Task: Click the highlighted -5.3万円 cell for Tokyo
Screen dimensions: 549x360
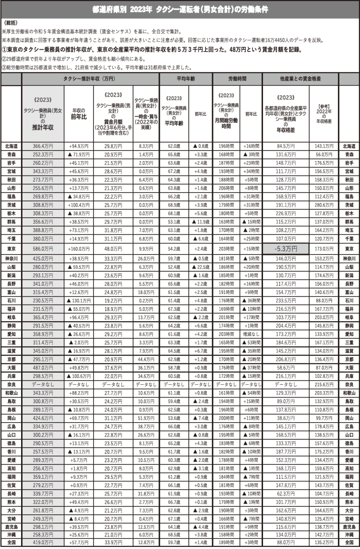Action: coord(285,249)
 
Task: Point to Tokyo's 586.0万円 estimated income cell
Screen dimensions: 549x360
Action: coord(43,249)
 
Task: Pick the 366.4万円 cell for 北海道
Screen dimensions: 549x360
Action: coord(43,146)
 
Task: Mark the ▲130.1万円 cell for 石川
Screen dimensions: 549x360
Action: coord(79,300)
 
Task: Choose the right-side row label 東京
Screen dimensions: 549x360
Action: coord(349,249)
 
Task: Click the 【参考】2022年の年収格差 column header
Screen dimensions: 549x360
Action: coord(324,111)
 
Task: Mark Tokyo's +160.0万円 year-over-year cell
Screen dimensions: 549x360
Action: coord(79,249)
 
